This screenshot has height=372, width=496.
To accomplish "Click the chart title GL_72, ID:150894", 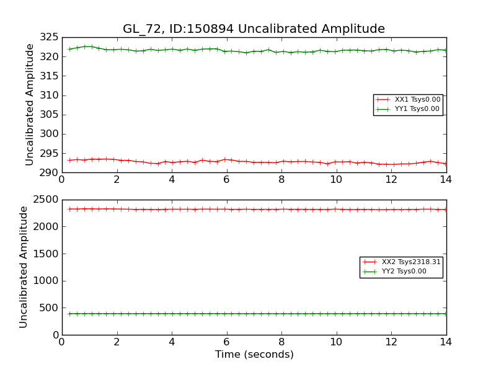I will (254, 29).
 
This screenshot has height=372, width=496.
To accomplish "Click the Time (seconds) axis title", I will (254, 355).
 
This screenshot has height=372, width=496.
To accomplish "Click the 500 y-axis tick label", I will (50, 308).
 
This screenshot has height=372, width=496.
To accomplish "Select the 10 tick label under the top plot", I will (336, 179).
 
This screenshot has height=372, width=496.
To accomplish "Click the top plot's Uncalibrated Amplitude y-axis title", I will (30, 104).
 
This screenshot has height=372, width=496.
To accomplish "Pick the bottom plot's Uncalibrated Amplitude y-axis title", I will (24, 267).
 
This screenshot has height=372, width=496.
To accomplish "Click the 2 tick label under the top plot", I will (117, 179).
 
